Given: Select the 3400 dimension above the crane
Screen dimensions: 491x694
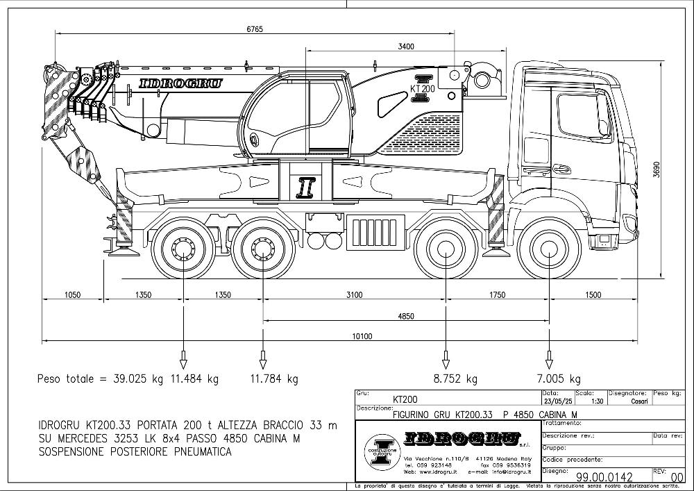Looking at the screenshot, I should tap(407, 47).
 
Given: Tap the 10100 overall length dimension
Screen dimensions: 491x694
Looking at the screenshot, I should tap(362, 337).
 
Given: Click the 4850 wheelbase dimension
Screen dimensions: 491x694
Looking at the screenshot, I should tap(406, 316).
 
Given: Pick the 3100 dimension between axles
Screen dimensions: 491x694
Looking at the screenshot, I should tap(354, 295).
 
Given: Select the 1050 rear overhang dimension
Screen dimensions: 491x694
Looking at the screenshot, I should tap(72, 295).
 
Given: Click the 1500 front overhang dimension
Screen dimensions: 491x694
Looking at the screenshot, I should tap(593, 295).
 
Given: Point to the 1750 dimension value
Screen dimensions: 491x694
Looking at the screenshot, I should tap(497, 295).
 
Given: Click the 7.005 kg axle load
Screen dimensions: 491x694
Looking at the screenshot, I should tap(559, 379).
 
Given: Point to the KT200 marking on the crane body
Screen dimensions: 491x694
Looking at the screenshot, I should tap(423, 89).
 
